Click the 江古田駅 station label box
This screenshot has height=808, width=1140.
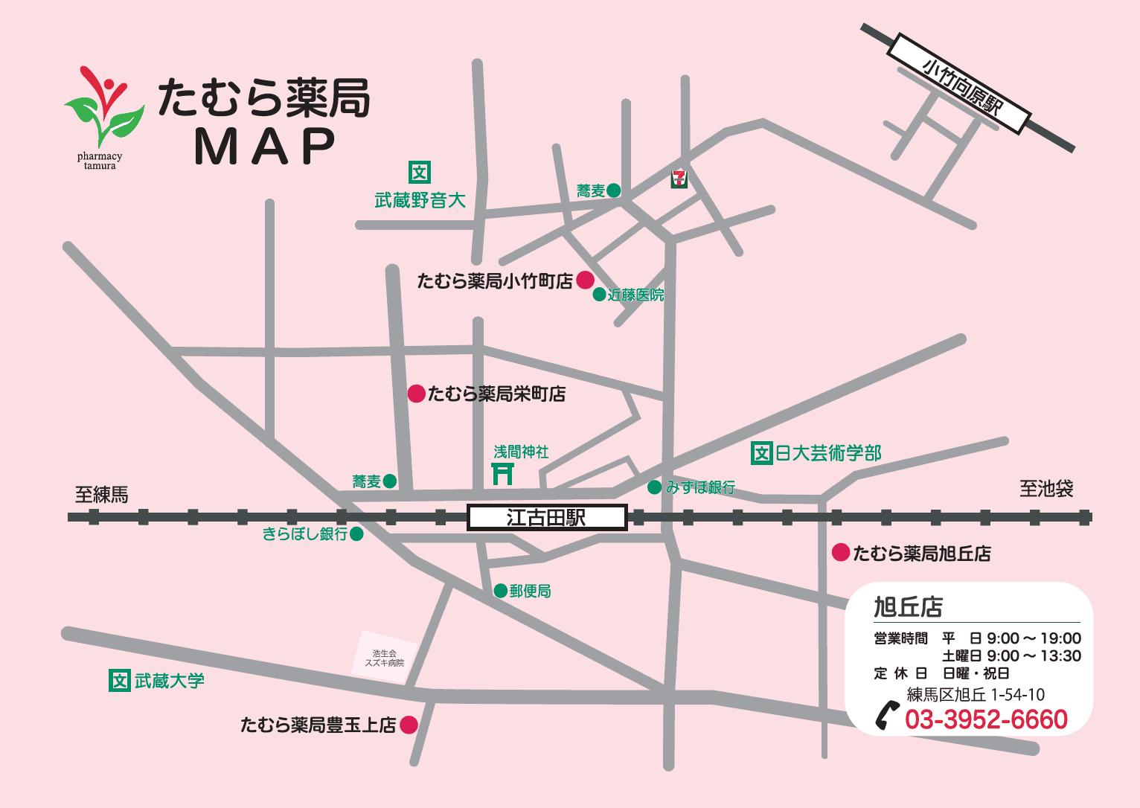point(547,517)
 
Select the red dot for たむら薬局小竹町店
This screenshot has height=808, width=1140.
point(586,280)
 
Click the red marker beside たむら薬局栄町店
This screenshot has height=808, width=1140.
point(417,394)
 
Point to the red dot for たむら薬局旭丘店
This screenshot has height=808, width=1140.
point(841,552)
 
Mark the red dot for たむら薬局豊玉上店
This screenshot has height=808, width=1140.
point(409,725)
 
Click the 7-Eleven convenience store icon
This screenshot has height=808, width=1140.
point(679,179)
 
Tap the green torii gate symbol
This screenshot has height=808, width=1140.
point(503,473)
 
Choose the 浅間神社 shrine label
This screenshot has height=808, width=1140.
point(521,452)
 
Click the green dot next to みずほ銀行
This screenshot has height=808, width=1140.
point(654,487)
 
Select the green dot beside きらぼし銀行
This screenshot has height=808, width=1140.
point(356,534)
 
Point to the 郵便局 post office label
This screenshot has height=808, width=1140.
point(530,591)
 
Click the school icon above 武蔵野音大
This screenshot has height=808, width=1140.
point(420,173)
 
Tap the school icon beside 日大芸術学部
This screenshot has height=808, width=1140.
point(761,452)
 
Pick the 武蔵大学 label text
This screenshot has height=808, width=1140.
point(169,681)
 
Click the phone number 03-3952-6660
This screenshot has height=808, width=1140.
point(986,719)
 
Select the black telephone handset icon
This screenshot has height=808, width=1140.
point(886,715)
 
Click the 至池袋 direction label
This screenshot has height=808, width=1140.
point(1045,489)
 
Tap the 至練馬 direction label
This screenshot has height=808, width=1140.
point(102,495)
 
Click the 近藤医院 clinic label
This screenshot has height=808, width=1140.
point(635,295)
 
